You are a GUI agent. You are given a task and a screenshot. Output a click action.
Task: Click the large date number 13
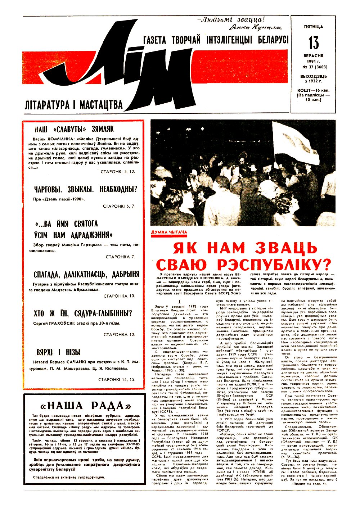click(313, 43)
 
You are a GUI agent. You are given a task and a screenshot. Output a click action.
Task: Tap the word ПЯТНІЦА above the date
click(313, 27)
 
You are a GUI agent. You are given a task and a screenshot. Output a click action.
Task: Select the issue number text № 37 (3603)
click(313, 67)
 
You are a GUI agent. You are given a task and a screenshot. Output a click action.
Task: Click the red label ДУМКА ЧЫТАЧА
click(169, 232)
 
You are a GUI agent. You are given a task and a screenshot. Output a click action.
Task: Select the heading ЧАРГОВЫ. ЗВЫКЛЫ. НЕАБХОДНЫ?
click(86, 189)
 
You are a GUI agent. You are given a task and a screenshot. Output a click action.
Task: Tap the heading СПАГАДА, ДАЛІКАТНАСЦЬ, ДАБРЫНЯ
click(86, 274)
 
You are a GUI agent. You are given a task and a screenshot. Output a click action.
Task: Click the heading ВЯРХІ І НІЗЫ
click(58, 352)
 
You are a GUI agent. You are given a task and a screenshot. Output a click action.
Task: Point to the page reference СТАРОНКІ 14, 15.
click(117, 379)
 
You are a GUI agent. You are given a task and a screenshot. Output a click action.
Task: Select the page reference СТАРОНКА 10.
click(119, 296)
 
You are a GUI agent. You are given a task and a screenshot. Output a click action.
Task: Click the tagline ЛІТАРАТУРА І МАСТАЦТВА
click(74, 105)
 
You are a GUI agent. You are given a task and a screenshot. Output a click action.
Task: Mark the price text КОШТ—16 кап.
click(313, 90)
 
